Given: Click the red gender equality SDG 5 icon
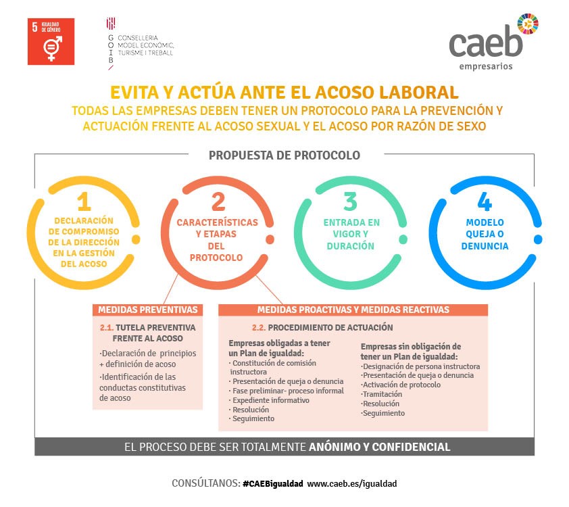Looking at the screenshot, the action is (x=51, y=41).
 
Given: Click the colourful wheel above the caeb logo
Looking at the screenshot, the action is (x=528, y=24).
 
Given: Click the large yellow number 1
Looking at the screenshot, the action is (x=84, y=201).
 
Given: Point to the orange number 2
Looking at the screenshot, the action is (x=218, y=201).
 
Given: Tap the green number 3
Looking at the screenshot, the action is (x=351, y=201).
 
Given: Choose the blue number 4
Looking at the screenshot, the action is (x=485, y=201).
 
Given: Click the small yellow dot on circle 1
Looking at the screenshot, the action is (x=136, y=239).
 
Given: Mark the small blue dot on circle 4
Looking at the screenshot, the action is (x=538, y=239).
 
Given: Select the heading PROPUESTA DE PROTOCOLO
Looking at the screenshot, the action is (x=284, y=155).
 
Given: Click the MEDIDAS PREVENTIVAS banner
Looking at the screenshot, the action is (x=148, y=310).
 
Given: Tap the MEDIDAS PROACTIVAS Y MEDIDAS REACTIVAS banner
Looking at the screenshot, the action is (x=353, y=310).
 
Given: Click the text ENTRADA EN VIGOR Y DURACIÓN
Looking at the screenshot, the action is (x=351, y=234).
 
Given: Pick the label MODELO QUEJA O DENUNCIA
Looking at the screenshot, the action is (x=485, y=234).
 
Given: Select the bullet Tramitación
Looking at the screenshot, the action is (x=381, y=394).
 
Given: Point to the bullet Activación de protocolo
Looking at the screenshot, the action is (x=401, y=385).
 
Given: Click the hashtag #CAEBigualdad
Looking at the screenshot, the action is (x=273, y=484).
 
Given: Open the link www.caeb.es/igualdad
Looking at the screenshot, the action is (x=352, y=484).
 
